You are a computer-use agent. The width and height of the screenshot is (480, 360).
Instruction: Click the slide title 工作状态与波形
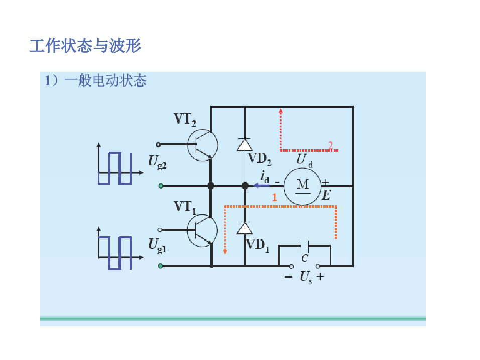coord(85,46)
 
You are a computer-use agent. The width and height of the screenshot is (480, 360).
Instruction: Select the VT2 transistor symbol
coord(202,145)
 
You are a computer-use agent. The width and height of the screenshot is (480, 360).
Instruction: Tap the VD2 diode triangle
coord(245,145)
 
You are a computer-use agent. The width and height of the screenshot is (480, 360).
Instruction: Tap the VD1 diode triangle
coord(245,228)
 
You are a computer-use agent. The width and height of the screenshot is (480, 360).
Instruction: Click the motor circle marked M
coord(303,186)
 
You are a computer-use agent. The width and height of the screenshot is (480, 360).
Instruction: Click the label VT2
coord(185,119)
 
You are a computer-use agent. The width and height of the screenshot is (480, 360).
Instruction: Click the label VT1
coord(185,206)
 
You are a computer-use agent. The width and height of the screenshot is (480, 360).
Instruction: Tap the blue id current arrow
coord(262,185)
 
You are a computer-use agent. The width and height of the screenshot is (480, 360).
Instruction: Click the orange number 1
coord(274,198)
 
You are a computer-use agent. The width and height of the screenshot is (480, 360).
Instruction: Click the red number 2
coord(330,145)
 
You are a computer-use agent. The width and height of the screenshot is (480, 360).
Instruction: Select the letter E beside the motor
coord(326,196)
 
